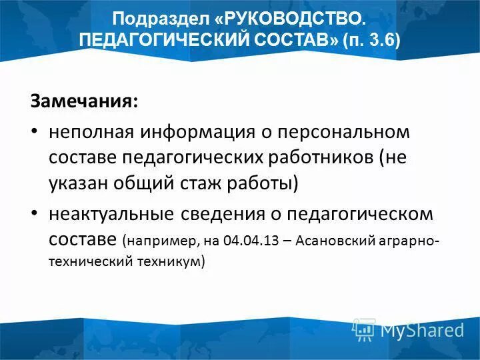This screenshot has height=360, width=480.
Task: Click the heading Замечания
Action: [x=84, y=102]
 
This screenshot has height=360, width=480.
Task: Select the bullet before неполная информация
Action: [x=35, y=132]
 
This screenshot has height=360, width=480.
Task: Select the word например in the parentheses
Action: [x=159, y=240]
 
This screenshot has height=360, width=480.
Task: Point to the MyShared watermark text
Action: [x=422, y=329]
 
